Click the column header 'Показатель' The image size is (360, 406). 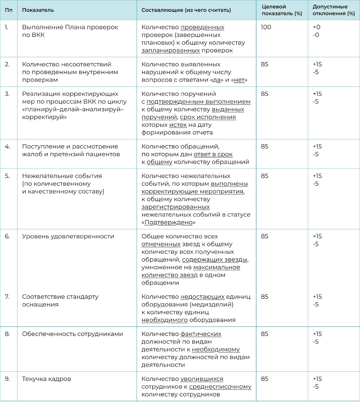pos(38,10)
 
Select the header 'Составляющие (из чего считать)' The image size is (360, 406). pos(186,10)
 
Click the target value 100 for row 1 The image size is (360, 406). pos(266,27)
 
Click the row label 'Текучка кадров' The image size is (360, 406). pos(47,379)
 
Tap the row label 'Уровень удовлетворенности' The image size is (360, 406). pos(68,236)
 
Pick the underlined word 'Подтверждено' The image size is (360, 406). pos(168,223)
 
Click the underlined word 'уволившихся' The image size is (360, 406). pos(202,379)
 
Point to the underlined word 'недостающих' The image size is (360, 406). pos(202,297)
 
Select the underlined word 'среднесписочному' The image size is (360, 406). pos(220,387)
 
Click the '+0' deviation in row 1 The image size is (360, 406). pos(316,27)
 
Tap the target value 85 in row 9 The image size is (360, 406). pos(265,379)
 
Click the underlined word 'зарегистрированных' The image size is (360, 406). pos(176,207)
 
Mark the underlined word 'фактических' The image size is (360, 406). pos(201,334)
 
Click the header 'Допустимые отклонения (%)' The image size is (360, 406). pos(331,10)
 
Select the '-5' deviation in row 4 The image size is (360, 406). pos(316,154)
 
